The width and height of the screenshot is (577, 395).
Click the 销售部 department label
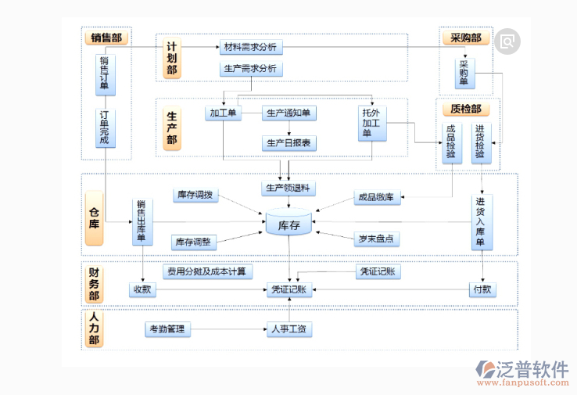106,37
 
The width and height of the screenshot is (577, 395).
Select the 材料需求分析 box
250,47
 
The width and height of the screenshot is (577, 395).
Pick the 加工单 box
223,113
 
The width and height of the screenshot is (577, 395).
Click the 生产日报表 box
289,142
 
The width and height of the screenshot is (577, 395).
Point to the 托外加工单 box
372,124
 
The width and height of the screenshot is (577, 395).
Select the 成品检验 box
451,142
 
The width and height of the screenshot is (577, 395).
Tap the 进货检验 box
480,142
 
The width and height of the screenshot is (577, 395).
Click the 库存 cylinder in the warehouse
288,225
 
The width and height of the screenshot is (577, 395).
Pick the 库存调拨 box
195,195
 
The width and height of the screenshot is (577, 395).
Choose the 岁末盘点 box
376,239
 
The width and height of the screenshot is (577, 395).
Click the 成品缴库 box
378,198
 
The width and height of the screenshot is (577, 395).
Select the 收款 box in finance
142,289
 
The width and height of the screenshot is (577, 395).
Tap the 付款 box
482,289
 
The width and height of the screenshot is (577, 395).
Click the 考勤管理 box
167,329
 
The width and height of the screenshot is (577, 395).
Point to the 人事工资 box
289,329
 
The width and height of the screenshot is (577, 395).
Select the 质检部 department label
465,109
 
